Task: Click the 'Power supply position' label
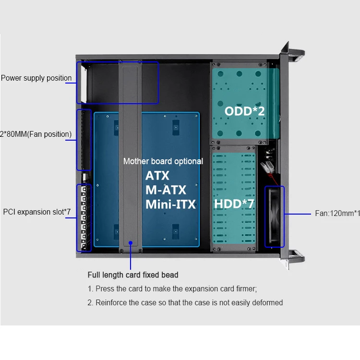pyautogui.click(x=36, y=78)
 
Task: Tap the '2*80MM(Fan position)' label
pyautogui.click(x=36, y=134)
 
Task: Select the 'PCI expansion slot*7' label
pyautogui.click(x=37, y=212)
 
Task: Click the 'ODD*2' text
pyautogui.click(x=244, y=111)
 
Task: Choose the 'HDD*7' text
pyautogui.click(x=234, y=204)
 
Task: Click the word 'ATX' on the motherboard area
pyautogui.click(x=157, y=175)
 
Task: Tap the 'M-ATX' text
pyautogui.click(x=166, y=190)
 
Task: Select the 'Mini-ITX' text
pyautogui.click(x=171, y=204)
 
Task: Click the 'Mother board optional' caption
pyautogui.click(x=163, y=161)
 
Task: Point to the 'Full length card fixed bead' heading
pyautogui.click(x=133, y=275)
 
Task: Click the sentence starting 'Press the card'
pyautogui.click(x=172, y=289)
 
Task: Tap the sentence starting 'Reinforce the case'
pyautogui.click(x=185, y=302)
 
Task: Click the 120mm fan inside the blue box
pyautogui.click(x=275, y=217)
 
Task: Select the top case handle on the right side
pyautogui.click(x=294, y=51)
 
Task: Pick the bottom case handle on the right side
pyautogui.click(x=294, y=257)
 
